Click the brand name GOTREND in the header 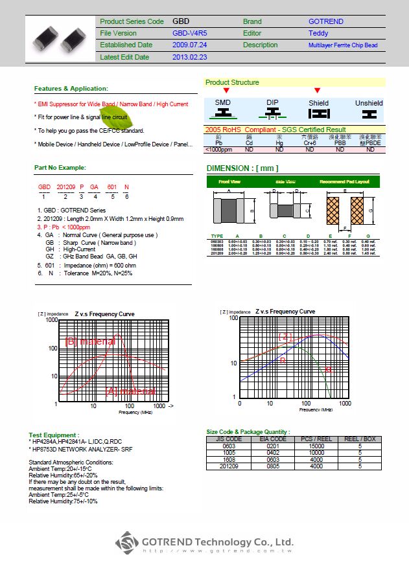326,21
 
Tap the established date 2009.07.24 190,45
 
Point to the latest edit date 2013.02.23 190,57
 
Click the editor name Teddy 318,33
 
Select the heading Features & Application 71,88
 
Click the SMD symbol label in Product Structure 223,103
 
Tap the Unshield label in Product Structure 369,103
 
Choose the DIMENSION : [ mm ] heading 242,168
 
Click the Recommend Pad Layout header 344,182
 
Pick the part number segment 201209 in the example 65,187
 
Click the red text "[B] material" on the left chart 91,341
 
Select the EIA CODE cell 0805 273,465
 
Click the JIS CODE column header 228,439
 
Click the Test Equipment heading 54,435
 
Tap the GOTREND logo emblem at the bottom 128,543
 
